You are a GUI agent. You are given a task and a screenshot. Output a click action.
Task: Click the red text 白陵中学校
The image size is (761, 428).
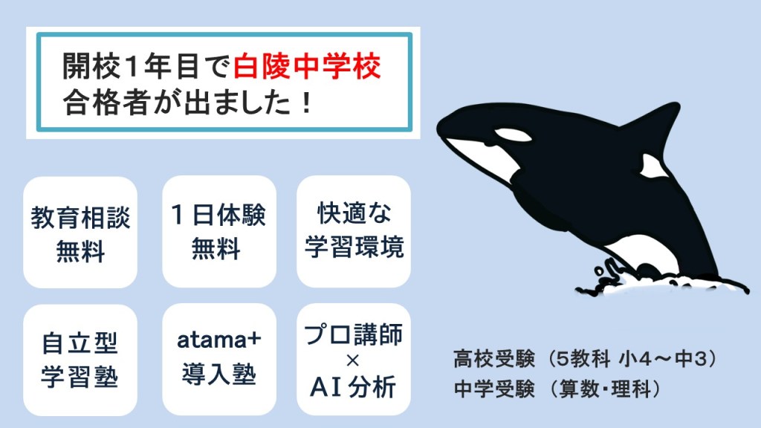tap(307, 66)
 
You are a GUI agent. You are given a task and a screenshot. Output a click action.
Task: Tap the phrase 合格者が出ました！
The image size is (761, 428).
tap(187, 103)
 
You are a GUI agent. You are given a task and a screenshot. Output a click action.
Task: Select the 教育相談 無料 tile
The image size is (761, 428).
tap(80, 232)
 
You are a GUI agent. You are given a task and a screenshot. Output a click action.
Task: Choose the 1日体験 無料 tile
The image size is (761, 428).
tap(219, 232)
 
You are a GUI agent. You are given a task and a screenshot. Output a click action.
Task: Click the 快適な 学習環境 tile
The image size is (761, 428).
tap(353, 232)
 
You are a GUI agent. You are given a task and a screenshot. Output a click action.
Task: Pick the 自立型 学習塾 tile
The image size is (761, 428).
tap(80, 360)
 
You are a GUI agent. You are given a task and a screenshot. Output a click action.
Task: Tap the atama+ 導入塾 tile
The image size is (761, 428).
tap(219, 360)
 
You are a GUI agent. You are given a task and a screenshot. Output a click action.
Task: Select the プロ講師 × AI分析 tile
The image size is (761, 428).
tap(353, 360)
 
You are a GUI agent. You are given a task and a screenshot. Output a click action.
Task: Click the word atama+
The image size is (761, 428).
tap(219, 340)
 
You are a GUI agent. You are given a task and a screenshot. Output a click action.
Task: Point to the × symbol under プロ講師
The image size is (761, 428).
tap(353, 360)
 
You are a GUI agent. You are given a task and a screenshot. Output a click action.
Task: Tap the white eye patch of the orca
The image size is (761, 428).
tap(513, 134)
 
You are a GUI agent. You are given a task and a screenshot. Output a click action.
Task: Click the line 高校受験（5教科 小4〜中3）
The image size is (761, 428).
tap(585, 359)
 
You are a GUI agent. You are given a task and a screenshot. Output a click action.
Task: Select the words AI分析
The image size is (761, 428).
tap(353, 387)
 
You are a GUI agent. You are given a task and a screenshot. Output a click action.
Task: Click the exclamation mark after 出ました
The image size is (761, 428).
tap(305, 103)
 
